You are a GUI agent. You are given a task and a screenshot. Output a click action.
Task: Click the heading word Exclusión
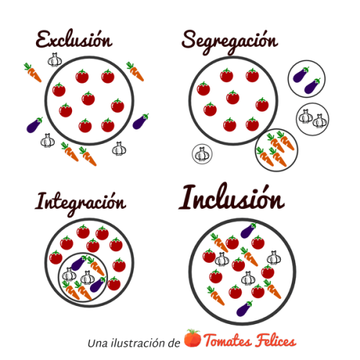coord(74,40)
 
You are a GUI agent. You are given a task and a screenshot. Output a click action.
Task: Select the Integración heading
coord(81,204)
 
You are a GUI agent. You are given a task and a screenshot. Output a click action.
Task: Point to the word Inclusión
coord(232,197)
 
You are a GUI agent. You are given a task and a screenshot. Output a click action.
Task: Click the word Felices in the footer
coord(275,341)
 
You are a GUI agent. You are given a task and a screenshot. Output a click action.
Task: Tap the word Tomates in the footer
coord(228,341)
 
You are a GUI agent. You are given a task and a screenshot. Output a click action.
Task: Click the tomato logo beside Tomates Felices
coord(192,338)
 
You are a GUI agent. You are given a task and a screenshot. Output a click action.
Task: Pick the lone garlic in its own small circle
coord(202,154)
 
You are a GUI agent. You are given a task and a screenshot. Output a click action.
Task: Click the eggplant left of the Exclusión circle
coord(35,125)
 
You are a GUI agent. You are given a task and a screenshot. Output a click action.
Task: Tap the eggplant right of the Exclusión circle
coord(140,122)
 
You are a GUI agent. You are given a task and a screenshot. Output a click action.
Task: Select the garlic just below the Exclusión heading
coord(55,60)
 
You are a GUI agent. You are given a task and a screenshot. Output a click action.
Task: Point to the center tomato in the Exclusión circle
coord(88,99)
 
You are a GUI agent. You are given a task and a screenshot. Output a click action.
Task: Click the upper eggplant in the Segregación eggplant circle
coord(301,74)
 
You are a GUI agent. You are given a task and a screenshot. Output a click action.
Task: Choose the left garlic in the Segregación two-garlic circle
coord(306,117)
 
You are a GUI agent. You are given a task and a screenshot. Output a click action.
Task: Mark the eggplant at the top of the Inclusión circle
coord(248,230)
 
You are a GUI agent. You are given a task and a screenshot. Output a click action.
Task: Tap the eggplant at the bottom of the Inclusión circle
coord(244,308)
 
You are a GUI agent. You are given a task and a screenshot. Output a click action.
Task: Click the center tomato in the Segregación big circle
coord(233,97)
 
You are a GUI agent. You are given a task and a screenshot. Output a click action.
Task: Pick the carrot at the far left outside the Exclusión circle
coord(32,73)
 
